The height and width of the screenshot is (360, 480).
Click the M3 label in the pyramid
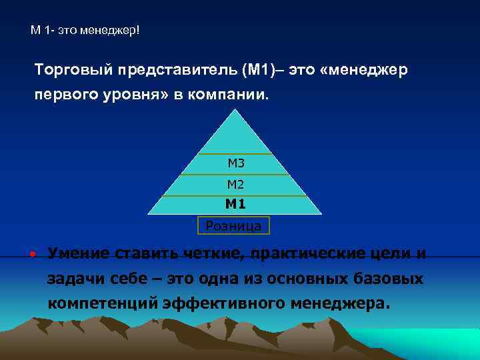tap(236, 162)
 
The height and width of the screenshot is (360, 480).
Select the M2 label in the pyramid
tap(236, 184)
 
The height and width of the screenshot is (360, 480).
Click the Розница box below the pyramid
tap(233, 226)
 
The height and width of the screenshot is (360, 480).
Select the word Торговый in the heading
tap(74, 70)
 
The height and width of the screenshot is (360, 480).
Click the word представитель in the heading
tap(177, 70)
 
